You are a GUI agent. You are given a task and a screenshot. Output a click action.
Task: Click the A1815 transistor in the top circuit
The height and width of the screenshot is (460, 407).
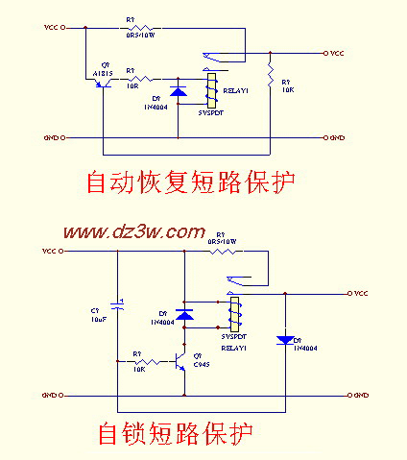coord(102,83)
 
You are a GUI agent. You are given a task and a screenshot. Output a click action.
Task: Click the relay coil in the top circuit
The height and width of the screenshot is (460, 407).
coord(210,88)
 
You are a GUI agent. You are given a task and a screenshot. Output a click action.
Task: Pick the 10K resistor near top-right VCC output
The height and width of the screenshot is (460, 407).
coord(271,74)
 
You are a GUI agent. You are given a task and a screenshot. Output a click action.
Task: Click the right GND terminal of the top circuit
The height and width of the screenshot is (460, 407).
coord(323,138)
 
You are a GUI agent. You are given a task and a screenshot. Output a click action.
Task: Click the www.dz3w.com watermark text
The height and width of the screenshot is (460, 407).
coord(135,231)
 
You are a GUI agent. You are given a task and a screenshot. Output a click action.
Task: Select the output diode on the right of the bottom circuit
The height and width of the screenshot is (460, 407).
coord(285,339)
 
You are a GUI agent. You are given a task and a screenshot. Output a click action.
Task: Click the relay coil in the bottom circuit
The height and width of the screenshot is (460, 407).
coord(231,313)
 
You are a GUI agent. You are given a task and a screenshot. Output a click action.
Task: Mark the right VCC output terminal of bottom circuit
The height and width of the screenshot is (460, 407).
coord(349,292)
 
